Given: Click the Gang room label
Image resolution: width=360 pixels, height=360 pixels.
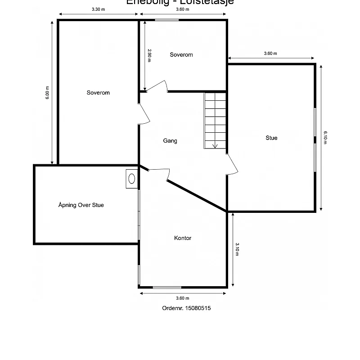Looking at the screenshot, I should click(x=170, y=141).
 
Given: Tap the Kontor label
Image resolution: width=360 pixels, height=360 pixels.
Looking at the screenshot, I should click(x=183, y=238).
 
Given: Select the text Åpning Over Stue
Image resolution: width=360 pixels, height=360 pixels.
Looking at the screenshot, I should click(x=81, y=205).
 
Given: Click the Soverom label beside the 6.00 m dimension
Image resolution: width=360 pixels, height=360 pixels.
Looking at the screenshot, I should click(x=98, y=93).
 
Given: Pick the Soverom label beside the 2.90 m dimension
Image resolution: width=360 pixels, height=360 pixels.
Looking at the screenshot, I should click(x=181, y=55).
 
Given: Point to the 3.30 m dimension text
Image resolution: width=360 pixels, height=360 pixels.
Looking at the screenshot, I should click(x=98, y=9).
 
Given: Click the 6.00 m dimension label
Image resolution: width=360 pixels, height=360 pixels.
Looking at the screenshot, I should click(x=47, y=93).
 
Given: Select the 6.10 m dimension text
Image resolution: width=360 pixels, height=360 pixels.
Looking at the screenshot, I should click(x=325, y=137).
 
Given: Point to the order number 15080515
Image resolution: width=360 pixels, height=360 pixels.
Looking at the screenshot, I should click(x=186, y=308).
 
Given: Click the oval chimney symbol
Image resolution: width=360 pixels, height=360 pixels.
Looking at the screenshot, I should click(x=132, y=178).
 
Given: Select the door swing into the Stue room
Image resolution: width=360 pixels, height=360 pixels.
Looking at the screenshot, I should click(x=232, y=164).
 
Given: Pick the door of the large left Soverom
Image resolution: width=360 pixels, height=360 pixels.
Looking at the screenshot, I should click(x=144, y=114).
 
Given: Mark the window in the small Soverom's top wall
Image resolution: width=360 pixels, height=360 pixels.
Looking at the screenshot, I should click(x=166, y=20).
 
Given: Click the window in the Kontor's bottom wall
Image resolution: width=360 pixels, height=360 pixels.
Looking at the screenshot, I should click(x=167, y=287).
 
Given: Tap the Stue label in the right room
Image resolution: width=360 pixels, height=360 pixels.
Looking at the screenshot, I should click(x=271, y=138).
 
